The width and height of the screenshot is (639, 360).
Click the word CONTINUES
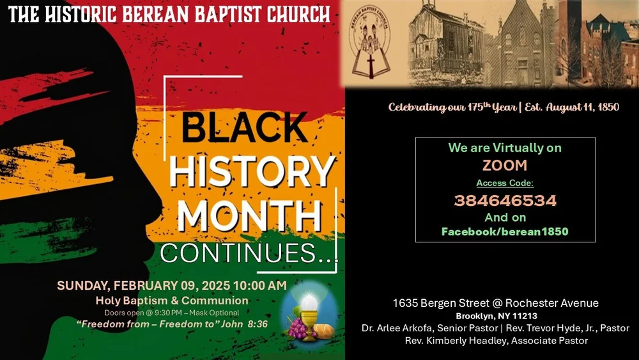[248, 253]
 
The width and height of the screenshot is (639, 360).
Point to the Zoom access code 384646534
[505, 201]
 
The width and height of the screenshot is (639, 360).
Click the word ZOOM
[505, 166]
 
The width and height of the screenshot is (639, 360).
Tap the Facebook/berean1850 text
[505, 231]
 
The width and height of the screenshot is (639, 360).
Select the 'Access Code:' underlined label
[505, 183]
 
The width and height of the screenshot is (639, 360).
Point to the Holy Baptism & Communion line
[172, 300]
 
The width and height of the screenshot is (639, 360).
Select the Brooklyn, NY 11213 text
[496, 316]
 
